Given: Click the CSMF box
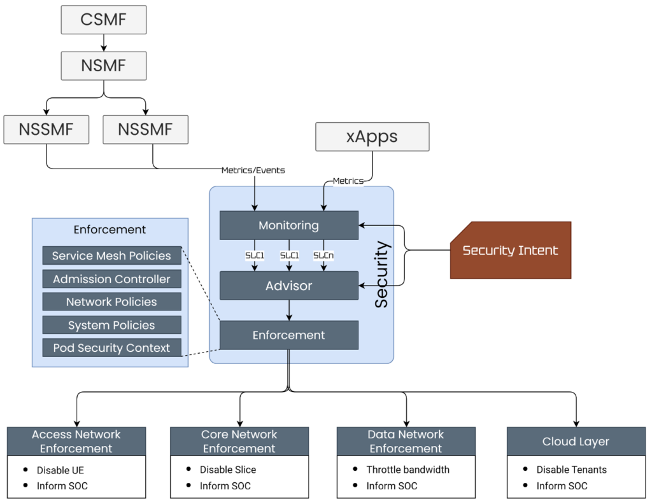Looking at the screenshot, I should (104, 20).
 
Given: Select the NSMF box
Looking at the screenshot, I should (104, 66).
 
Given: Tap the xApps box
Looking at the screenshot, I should (372, 137).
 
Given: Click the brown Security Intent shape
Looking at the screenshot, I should (511, 250).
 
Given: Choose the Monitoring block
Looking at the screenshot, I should (288, 225).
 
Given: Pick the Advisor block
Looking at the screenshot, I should (288, 286).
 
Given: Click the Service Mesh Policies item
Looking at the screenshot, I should (111, 256).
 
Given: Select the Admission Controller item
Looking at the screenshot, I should (111, 279).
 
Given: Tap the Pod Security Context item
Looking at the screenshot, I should (111, 348).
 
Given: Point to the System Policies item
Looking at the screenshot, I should (111, 325).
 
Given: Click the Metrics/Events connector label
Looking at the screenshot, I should (253, 170).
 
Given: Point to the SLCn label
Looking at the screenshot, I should (323, 255).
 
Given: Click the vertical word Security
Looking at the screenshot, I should (381, 274).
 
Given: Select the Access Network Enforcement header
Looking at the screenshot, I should (76, 441).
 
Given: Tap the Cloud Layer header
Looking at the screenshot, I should (576, 441).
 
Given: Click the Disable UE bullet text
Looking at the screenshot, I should (60, 470).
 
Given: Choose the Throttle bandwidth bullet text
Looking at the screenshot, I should (407, 470).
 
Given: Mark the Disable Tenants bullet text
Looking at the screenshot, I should (571, 470).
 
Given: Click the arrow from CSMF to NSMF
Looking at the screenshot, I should (104, 43).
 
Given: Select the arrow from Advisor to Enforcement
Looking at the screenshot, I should (289, 310).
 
